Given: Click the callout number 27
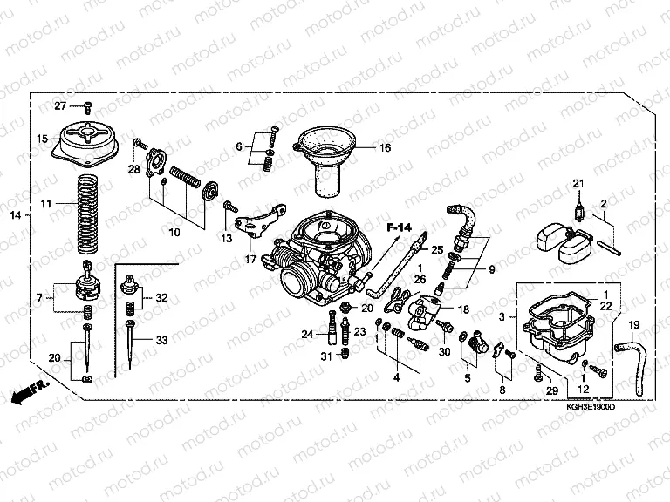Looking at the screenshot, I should (x=60, y=106).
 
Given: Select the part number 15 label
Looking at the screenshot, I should (x=42, y=139).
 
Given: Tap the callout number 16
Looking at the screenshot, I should (x=385, y=148).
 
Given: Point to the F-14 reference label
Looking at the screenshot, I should (x=398, y=227).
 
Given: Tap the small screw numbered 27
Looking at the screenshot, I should (x=88, y=105).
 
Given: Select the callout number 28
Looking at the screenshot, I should (x=133, y=168).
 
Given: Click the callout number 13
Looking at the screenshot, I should (x=225, y=238).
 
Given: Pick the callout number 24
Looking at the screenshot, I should (x=307, y=334).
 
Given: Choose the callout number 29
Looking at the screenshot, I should (x=550, y=390).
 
